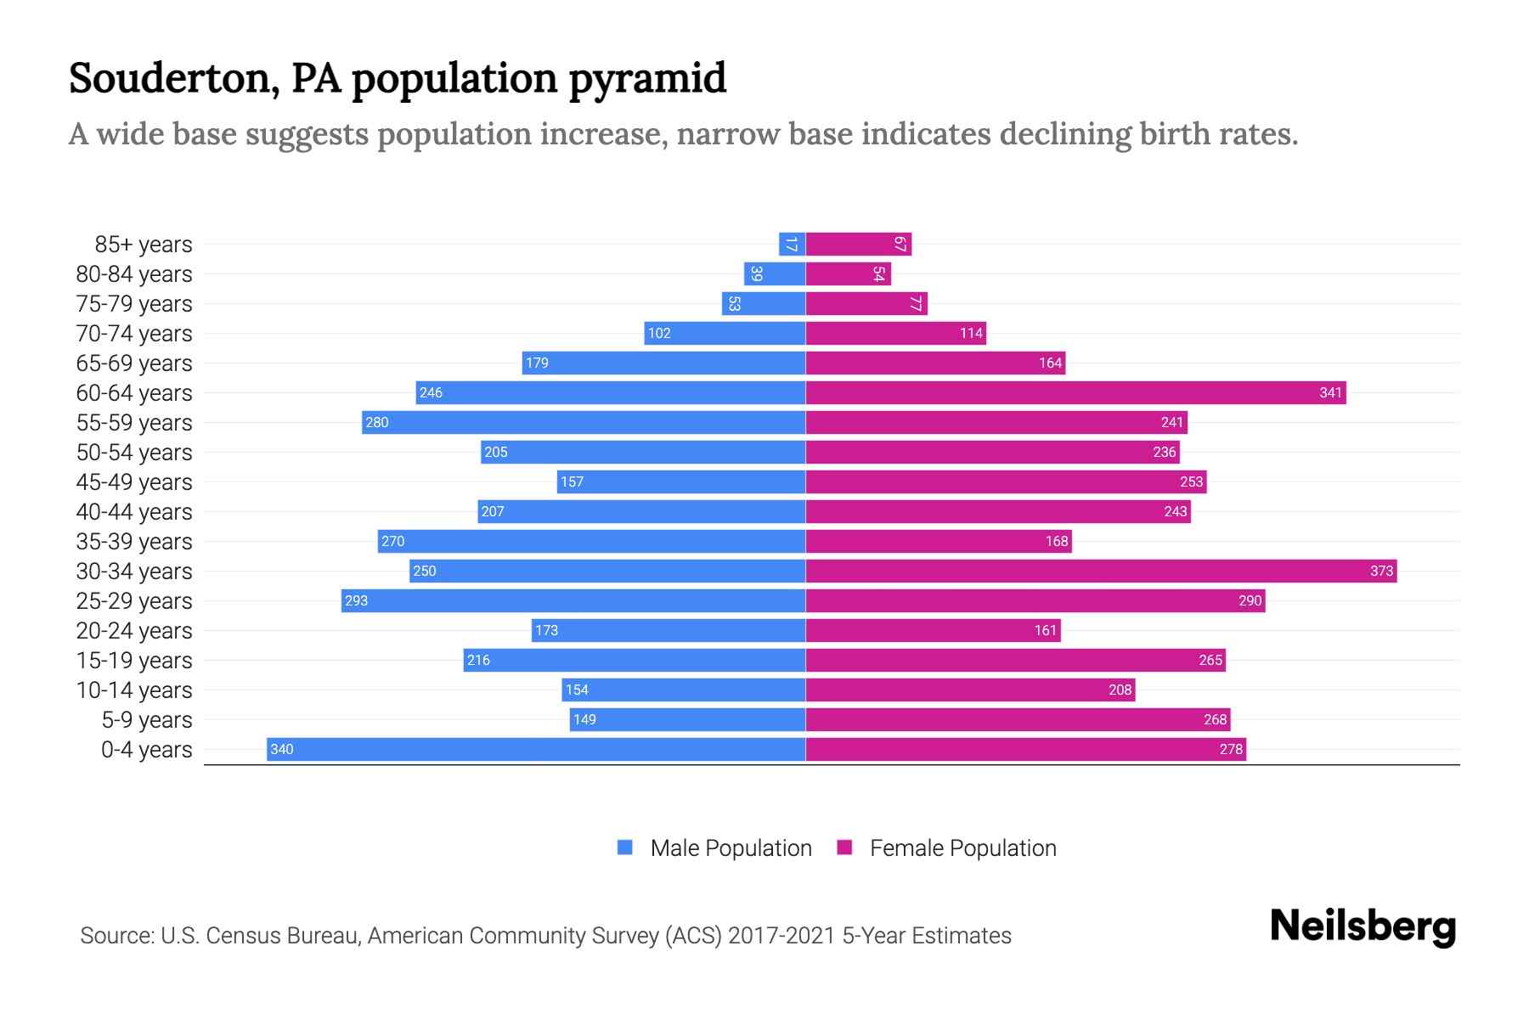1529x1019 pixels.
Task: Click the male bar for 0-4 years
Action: click(535, 749)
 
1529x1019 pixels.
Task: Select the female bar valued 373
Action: click(1100, 571)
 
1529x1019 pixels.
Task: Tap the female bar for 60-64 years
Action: click(1075, 392)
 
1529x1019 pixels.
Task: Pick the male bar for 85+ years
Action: click(792, 244)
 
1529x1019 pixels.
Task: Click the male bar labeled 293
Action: click(573, 600)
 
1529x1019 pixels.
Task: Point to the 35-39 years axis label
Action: click(134, 541)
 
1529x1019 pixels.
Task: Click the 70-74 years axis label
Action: click(134, 333)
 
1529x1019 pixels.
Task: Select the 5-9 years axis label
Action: click(147, 719)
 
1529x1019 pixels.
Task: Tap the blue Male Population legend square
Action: click(625, 847)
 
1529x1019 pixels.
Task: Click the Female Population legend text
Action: click(962, 847)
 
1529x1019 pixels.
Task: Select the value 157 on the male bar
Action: click(572, 481)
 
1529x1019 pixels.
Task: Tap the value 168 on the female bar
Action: click(1056, 541)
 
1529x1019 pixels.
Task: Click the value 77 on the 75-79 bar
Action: click(915, 303)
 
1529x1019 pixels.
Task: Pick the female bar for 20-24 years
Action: click(933, 630)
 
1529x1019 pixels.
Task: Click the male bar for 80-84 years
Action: click(775, 273)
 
